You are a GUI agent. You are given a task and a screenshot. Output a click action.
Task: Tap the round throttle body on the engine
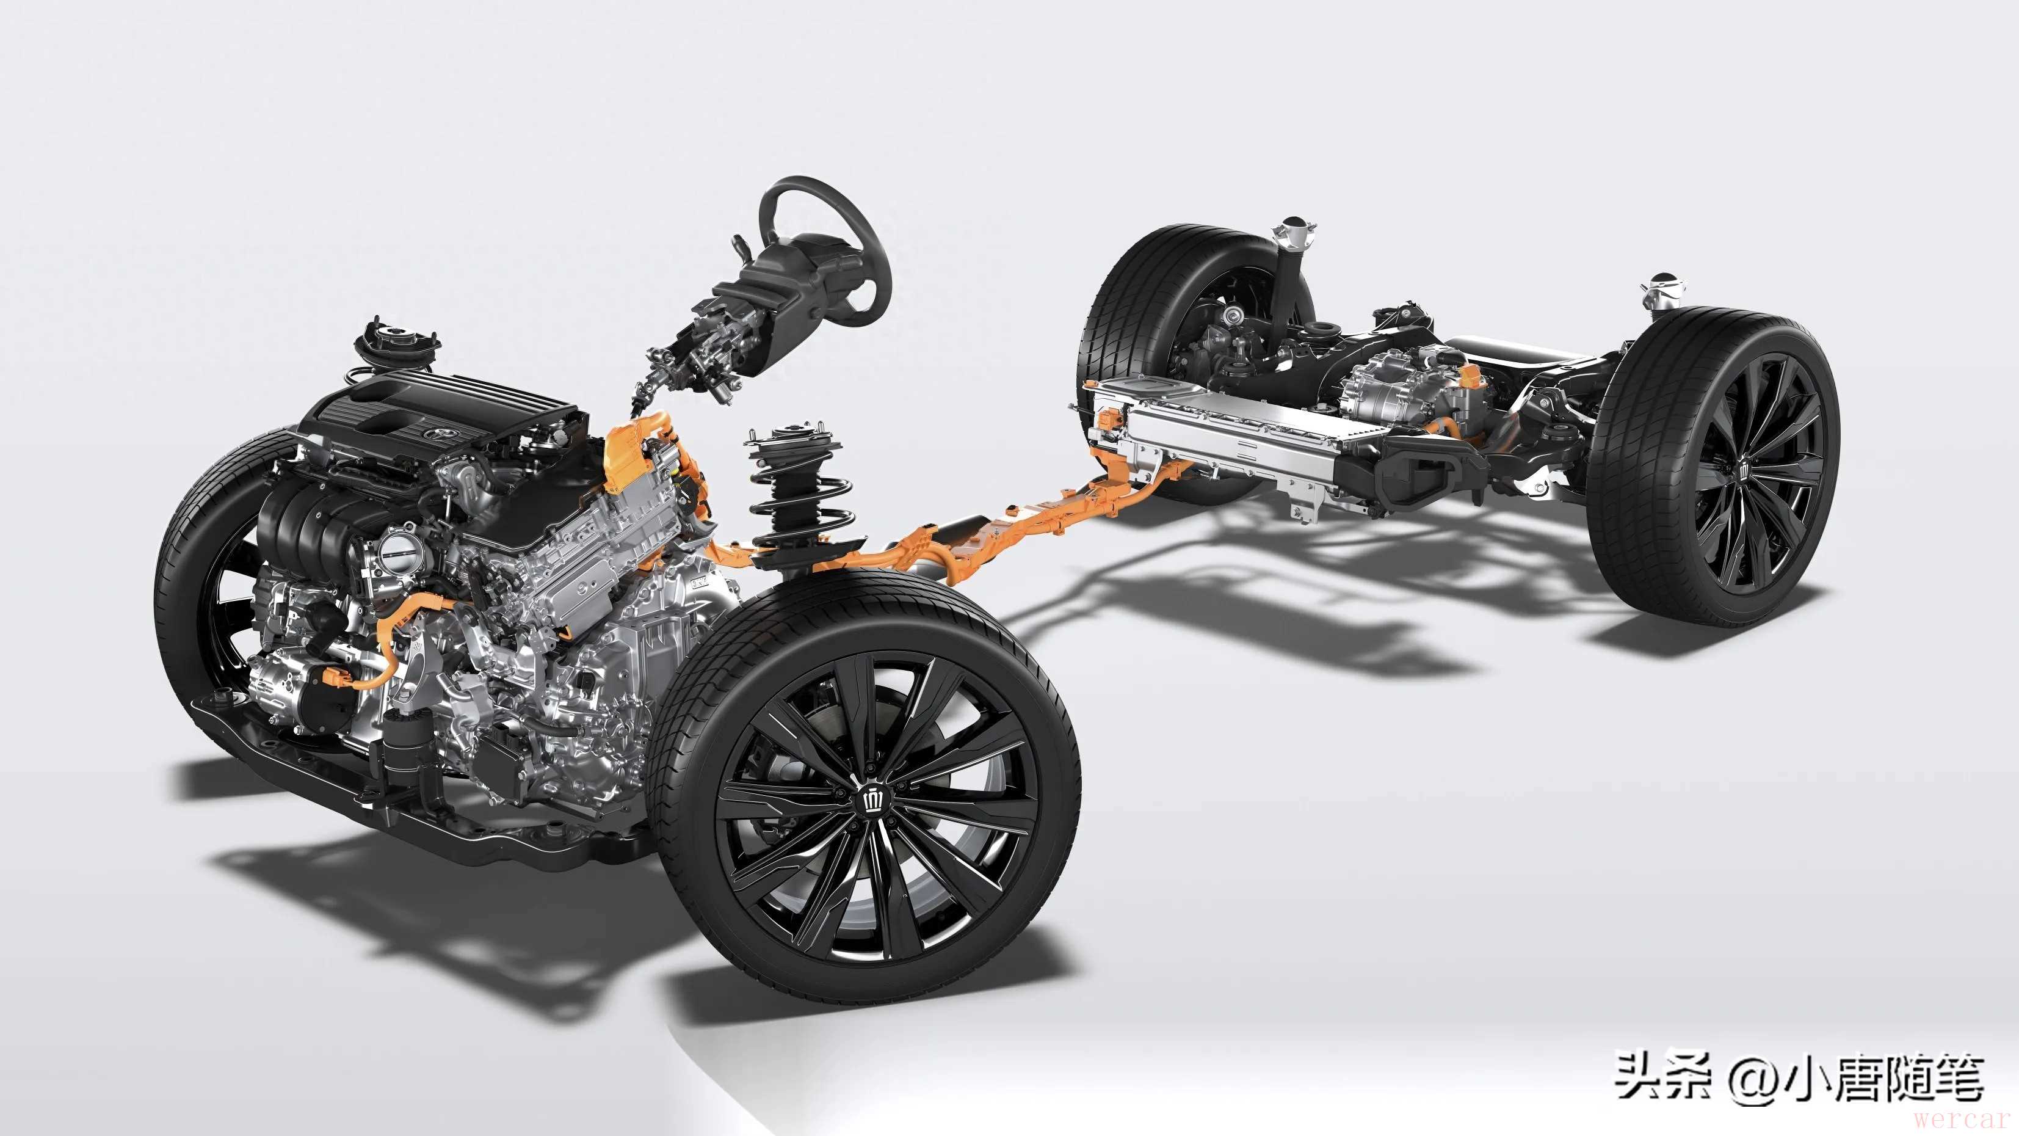coord(393,553)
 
